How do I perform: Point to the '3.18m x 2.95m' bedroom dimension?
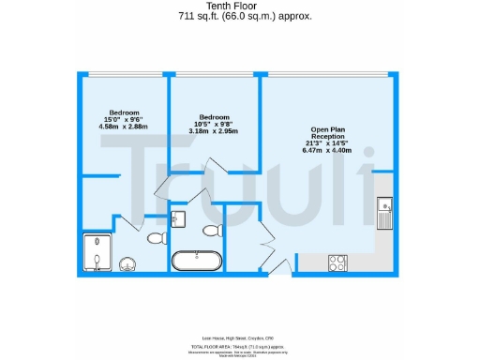tap(213, 131)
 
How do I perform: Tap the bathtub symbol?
tap(197, 261)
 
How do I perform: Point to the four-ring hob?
tap(337, 263)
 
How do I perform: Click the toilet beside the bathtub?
tap(211, 230)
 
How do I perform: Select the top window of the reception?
tap(325, 74)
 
